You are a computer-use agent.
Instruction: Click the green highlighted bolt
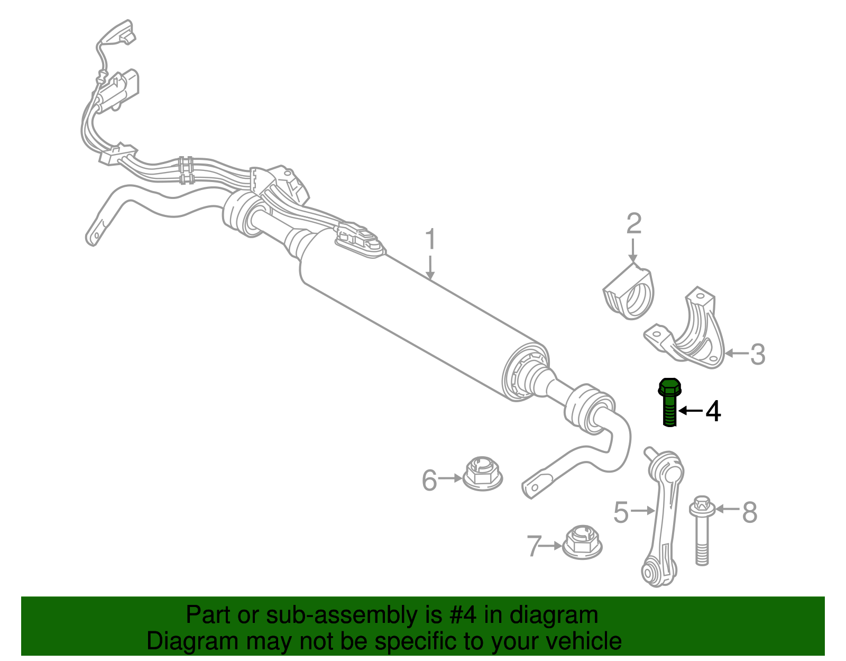coord(669,402)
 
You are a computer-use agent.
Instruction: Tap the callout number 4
coord(713,411)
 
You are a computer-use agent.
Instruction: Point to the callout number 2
coord(633,223)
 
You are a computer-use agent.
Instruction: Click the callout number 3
coord(757,354)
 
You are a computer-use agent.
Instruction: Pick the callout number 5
coord(621,512)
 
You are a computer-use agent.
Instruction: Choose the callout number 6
coord(429,480)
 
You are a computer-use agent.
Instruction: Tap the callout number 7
coord(534,546)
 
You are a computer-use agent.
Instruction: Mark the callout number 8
coord(749,512)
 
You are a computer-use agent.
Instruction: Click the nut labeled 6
coord(482,474)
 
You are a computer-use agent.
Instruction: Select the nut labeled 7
coord(583,542)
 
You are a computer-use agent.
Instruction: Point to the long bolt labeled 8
coord(702,531)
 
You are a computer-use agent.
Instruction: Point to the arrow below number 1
coord(430,268)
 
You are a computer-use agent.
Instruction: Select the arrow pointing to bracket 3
coord(737,354)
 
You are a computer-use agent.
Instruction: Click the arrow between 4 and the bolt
coord(691,411)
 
